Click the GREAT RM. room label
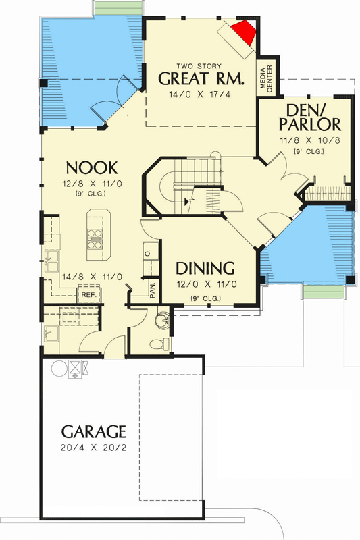201,79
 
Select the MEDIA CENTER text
266,79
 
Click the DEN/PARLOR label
309,117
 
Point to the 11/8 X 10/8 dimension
309,140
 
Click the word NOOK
92,168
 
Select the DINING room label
205,269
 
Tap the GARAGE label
94,431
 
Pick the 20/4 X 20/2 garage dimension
94,448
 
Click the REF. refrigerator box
88,295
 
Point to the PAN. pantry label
153,290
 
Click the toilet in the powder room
160,344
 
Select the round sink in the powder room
163,319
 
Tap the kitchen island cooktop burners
95,239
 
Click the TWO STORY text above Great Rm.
199,65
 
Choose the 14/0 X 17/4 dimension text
200,94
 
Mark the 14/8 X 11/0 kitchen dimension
92,277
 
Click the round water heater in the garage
59,368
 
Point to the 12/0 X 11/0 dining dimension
207,284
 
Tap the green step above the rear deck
118,9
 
